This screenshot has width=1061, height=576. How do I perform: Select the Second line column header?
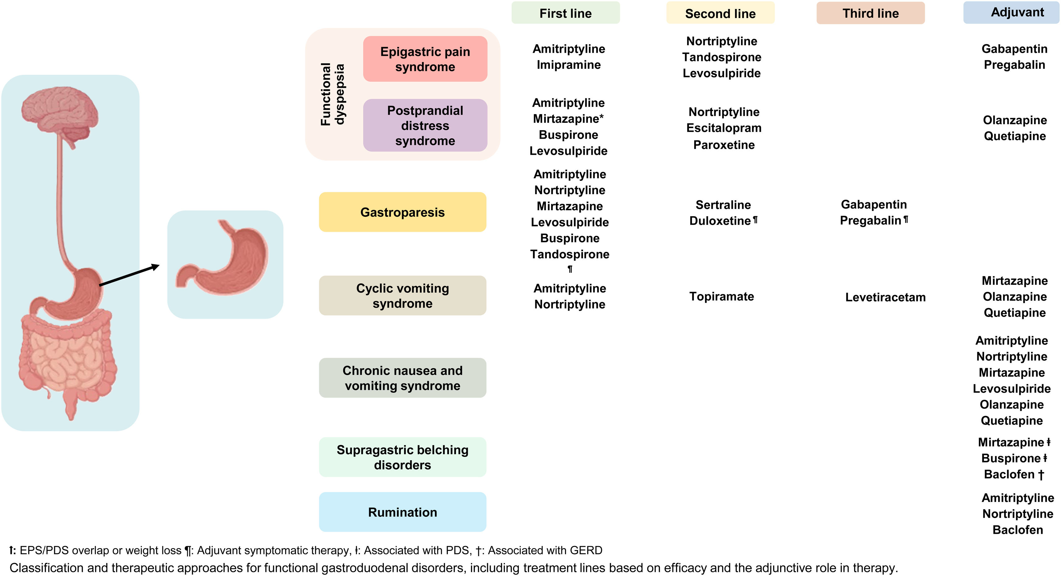720,14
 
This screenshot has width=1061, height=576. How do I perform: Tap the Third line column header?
870,13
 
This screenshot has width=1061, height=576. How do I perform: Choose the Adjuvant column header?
1017,12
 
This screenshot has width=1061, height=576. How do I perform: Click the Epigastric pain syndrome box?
425,59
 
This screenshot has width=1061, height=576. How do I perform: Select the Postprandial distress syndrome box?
425,125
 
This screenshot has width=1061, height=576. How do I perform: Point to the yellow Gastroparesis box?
402,212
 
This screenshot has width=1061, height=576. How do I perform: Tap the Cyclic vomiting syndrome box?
402,296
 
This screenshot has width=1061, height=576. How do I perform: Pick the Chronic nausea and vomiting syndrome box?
402,378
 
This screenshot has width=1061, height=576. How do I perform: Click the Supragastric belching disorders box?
402,457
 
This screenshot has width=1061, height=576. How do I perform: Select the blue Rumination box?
402,512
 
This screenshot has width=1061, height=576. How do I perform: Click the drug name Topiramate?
721,297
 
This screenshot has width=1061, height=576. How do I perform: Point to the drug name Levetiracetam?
885,297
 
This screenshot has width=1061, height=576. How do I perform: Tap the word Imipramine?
568,65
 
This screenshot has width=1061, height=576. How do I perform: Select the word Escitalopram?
724,128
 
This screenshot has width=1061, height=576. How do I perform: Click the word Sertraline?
723,205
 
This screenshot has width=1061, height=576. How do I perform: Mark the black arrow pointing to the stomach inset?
129,275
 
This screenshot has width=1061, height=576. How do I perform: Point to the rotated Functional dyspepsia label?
332,94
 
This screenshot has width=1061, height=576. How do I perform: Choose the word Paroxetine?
724,145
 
